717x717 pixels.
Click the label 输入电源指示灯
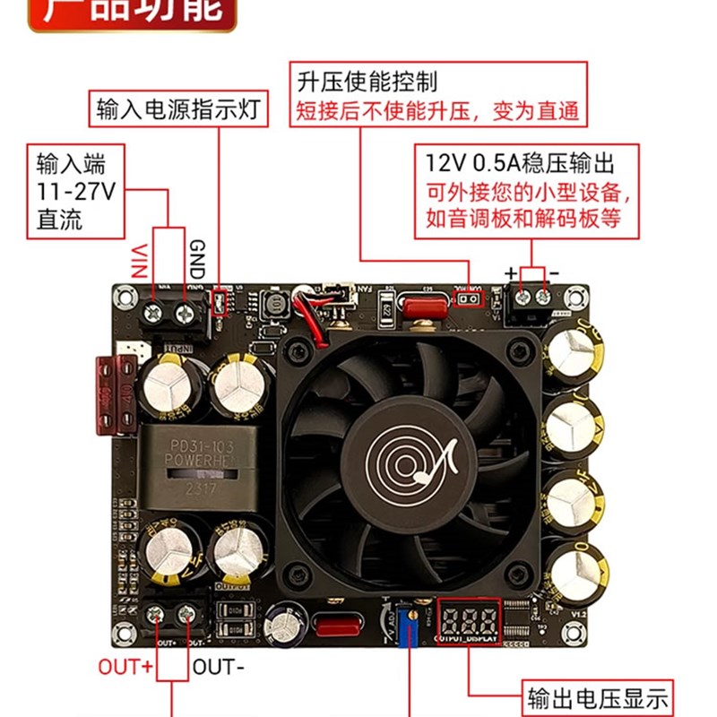(x=177, y=110)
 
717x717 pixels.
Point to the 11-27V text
(x=78, y=191)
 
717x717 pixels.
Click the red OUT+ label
(x=125, y=666)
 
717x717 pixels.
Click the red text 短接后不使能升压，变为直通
(x=437, y=111)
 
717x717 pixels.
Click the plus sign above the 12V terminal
(x=511, y=272)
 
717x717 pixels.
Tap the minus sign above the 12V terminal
(x=554, y=272)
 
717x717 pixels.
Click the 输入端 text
(x=71, y=164)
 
